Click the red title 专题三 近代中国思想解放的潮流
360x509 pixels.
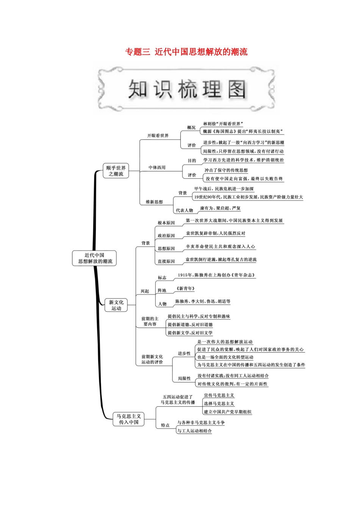click(186, 52)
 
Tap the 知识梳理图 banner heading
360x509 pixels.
click(187, 89)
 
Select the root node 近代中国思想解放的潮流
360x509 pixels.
click(95, 258)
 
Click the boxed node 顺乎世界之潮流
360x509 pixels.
click(116, 171)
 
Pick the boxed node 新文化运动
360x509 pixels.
click(116, 305)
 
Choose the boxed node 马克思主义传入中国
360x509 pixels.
click(128, 419)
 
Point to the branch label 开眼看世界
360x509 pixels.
click(158, 136)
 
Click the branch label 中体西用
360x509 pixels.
click(157, 167)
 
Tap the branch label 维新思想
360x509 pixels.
click(154, 202)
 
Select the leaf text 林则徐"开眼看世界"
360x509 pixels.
click(222, 124)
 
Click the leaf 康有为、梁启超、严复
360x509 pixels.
click(220, 208)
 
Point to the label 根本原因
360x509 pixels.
click(166, 223)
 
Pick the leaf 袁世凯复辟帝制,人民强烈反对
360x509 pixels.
click(215, 233)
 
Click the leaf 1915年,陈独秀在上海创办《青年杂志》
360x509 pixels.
click(216, 275)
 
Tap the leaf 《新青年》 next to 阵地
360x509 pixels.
click(185, 289)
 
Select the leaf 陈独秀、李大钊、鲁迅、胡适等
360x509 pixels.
click(202, 301)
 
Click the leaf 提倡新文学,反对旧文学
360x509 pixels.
click(190, 333)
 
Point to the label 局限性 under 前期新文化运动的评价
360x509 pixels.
click(184, 378)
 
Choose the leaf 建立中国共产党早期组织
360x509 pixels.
click(227, 412)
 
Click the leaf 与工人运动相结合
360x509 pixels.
click(194, 431)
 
